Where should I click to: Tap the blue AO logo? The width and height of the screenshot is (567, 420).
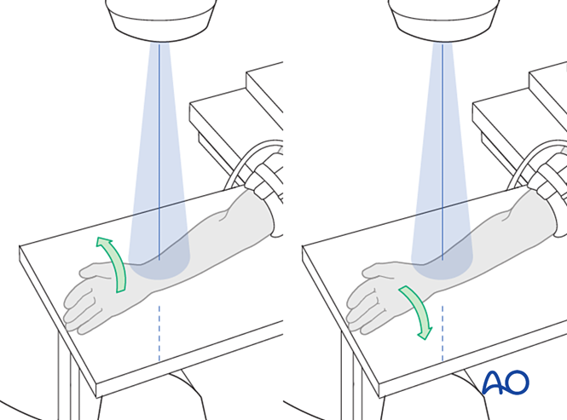click(506, 382)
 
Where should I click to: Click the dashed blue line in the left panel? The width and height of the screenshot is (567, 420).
click(159, 333)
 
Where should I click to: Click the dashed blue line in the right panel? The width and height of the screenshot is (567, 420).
click(443, 333)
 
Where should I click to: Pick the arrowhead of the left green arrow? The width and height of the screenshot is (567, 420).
click(103, 242)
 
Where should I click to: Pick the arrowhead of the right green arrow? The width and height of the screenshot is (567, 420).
click(425, 333)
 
